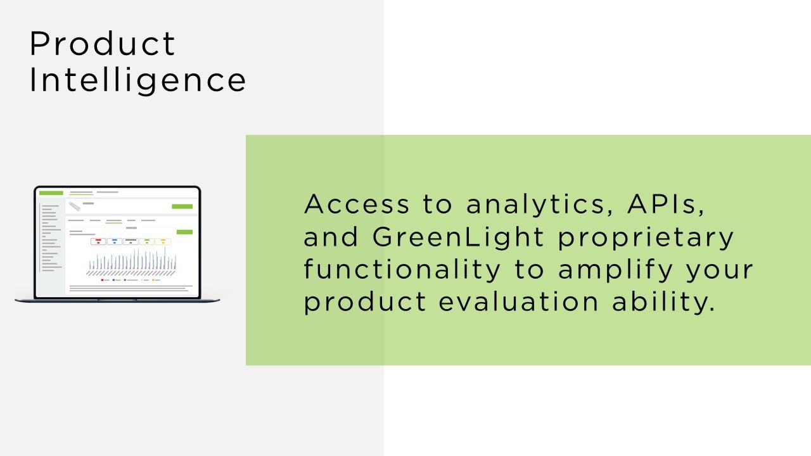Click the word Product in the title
pos(103,44)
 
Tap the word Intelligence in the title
pos(137,80)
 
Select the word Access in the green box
pos(357,204)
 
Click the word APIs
pos(666,205)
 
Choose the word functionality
pos(402,270)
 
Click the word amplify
pos(615,270)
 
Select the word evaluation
pos(518,301)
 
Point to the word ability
pos(663,303)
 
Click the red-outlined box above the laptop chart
pos(98,241)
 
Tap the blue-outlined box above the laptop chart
pos(115,241)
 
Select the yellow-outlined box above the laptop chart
pos(163,241)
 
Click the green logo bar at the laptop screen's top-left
pos(51,193)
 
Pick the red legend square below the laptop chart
pos(103,280)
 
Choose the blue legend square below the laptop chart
pos(114,280)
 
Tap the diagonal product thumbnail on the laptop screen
pos(75,206)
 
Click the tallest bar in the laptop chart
pos(165,258)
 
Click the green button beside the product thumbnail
pos(182,206)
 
